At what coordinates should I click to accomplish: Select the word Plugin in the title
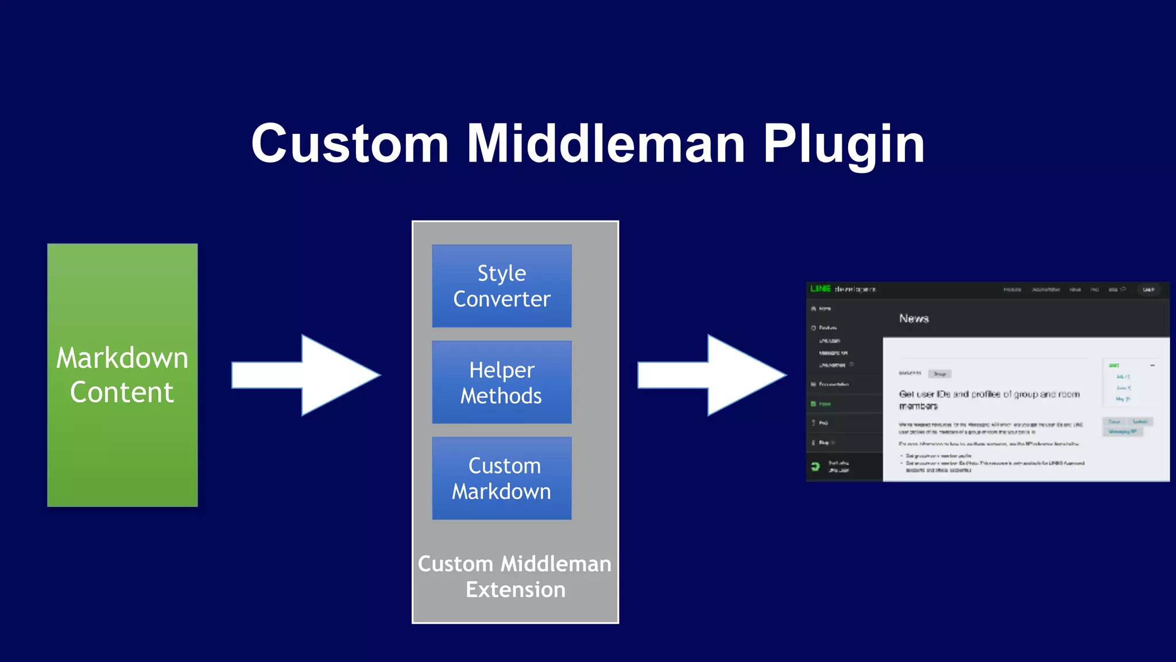(x=844, y=145)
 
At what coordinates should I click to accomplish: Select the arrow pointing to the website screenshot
(x=711, y=375)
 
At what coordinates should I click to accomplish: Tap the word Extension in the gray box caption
(x=515, y=590)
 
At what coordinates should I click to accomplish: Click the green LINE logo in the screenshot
(x=821, y=288)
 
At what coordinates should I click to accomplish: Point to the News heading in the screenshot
(x=914, y=318)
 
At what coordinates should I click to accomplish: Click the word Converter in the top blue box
(x=501, y=299)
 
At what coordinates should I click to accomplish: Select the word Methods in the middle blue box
(x=501, y=396)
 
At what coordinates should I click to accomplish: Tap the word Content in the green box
(x=122, y=392)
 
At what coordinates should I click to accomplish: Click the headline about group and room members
(x=988, y=399)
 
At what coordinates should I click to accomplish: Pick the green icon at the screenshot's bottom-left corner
(x=815, y=466)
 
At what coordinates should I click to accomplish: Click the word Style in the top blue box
(x=501, y=274)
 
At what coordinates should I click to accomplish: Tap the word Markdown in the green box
(x=122, y=358)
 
